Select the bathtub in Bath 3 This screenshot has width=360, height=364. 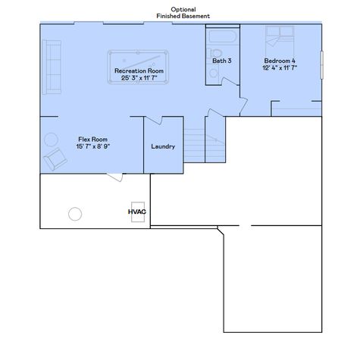pos(222,37)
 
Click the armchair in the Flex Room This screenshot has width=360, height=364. pos(55,160)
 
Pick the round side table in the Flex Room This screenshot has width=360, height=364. pos(50,139)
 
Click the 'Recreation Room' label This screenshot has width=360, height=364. pos(139,71)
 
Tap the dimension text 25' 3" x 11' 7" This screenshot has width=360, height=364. pos(139,77)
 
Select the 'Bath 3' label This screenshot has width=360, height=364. pos(222,61)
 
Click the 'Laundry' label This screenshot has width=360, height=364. pos(163,146)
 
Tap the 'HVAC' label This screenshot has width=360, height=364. pos(136,213)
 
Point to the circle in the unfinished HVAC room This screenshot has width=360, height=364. pos(75,213)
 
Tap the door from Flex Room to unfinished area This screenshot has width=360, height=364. pos(114,177)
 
